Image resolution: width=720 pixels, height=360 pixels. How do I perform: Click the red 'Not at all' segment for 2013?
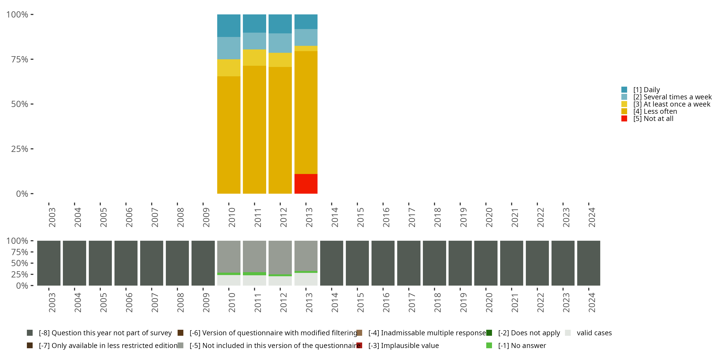[306, 184]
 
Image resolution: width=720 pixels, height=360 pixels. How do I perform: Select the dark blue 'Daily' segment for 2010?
[229, 25]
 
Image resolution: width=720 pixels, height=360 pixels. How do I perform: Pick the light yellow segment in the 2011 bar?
[254, 58]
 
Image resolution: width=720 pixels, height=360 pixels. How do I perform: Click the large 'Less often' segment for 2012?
[280, 130]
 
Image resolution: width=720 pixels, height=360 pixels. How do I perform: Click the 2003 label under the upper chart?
[52, 217]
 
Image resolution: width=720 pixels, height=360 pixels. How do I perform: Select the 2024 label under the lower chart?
[591, 303]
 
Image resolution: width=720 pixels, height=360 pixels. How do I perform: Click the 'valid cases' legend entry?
[594, 333]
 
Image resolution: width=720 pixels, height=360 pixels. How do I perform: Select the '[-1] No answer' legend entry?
[522, 345]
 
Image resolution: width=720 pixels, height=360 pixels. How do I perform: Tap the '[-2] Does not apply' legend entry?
[529, 333]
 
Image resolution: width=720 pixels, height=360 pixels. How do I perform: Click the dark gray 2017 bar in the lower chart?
[409, 263]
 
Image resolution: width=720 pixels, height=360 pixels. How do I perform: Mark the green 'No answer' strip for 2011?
[254, 274]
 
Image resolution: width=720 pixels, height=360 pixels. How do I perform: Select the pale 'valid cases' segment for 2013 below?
[306, 279]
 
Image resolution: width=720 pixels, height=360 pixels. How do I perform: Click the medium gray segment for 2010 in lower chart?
[229, 257]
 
